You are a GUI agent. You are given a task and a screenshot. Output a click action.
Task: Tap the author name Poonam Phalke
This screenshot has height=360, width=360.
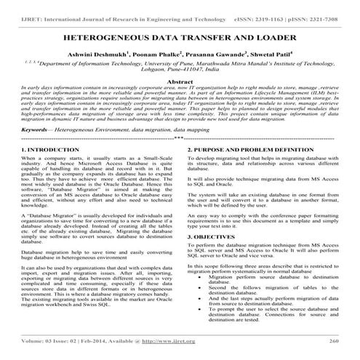click(177, 54)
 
